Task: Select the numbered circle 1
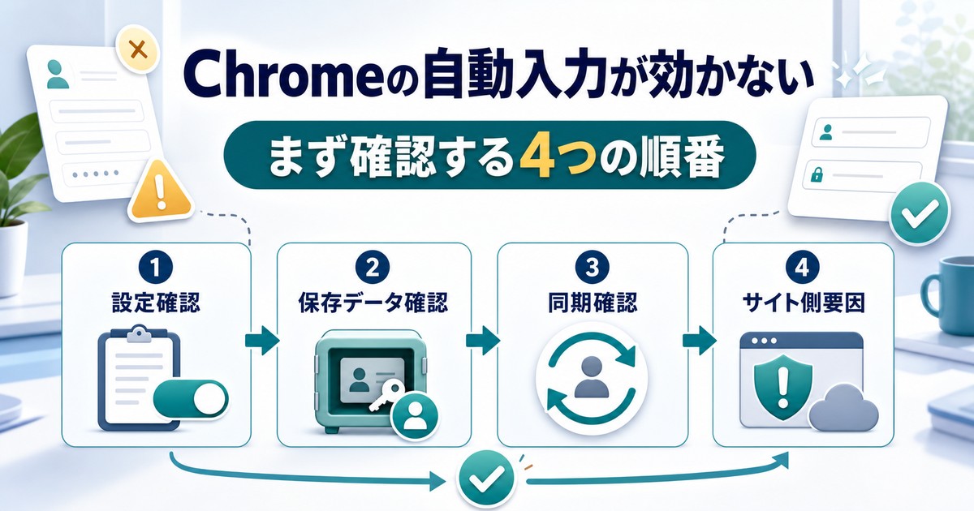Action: (156, 267)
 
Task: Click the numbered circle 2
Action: (373, 267)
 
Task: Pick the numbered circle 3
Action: (592, 267)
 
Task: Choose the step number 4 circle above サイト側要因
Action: (802, 267)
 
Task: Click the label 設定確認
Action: (156, 303)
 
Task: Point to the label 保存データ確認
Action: (373, 303)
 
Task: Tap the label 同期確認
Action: (593, 303)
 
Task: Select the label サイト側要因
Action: (803, 303)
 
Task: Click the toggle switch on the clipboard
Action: (191, 399)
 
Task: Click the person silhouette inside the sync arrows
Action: (592, 377)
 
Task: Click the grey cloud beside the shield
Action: (843, 409)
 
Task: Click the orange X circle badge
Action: (138, 49)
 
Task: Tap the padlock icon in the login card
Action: (817, 174)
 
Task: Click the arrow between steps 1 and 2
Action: (262, 341)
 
